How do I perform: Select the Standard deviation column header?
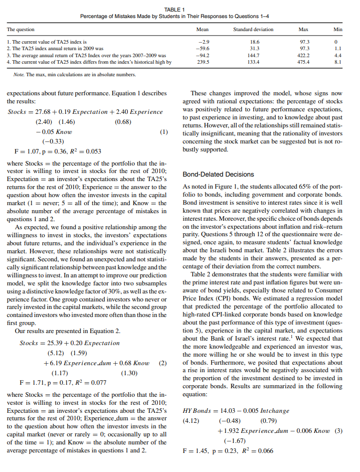pos(253,30)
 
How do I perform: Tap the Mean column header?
pos(203,30)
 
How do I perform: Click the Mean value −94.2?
pos(202,56)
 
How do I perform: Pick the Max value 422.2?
pos(304,56)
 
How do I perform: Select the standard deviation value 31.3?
pos(254,49)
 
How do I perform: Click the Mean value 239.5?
pos(203,62)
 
